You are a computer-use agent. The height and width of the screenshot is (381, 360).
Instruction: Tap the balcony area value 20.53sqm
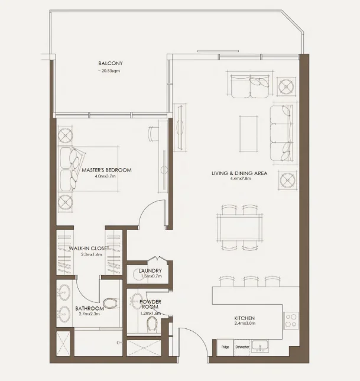tap(110, 70)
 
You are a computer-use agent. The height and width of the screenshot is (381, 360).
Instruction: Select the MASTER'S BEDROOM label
tap(106, 170)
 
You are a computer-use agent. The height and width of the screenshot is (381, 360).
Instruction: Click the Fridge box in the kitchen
tap(225, 347)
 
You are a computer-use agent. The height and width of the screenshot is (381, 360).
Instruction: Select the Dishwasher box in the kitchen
tap(242, 347)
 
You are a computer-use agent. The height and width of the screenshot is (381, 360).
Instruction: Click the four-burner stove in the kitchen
tap(291, 320)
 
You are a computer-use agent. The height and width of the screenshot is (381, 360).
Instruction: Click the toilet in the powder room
tap(153, 324)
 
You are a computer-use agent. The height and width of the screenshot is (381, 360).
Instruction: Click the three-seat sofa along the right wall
tap(281, 133)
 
